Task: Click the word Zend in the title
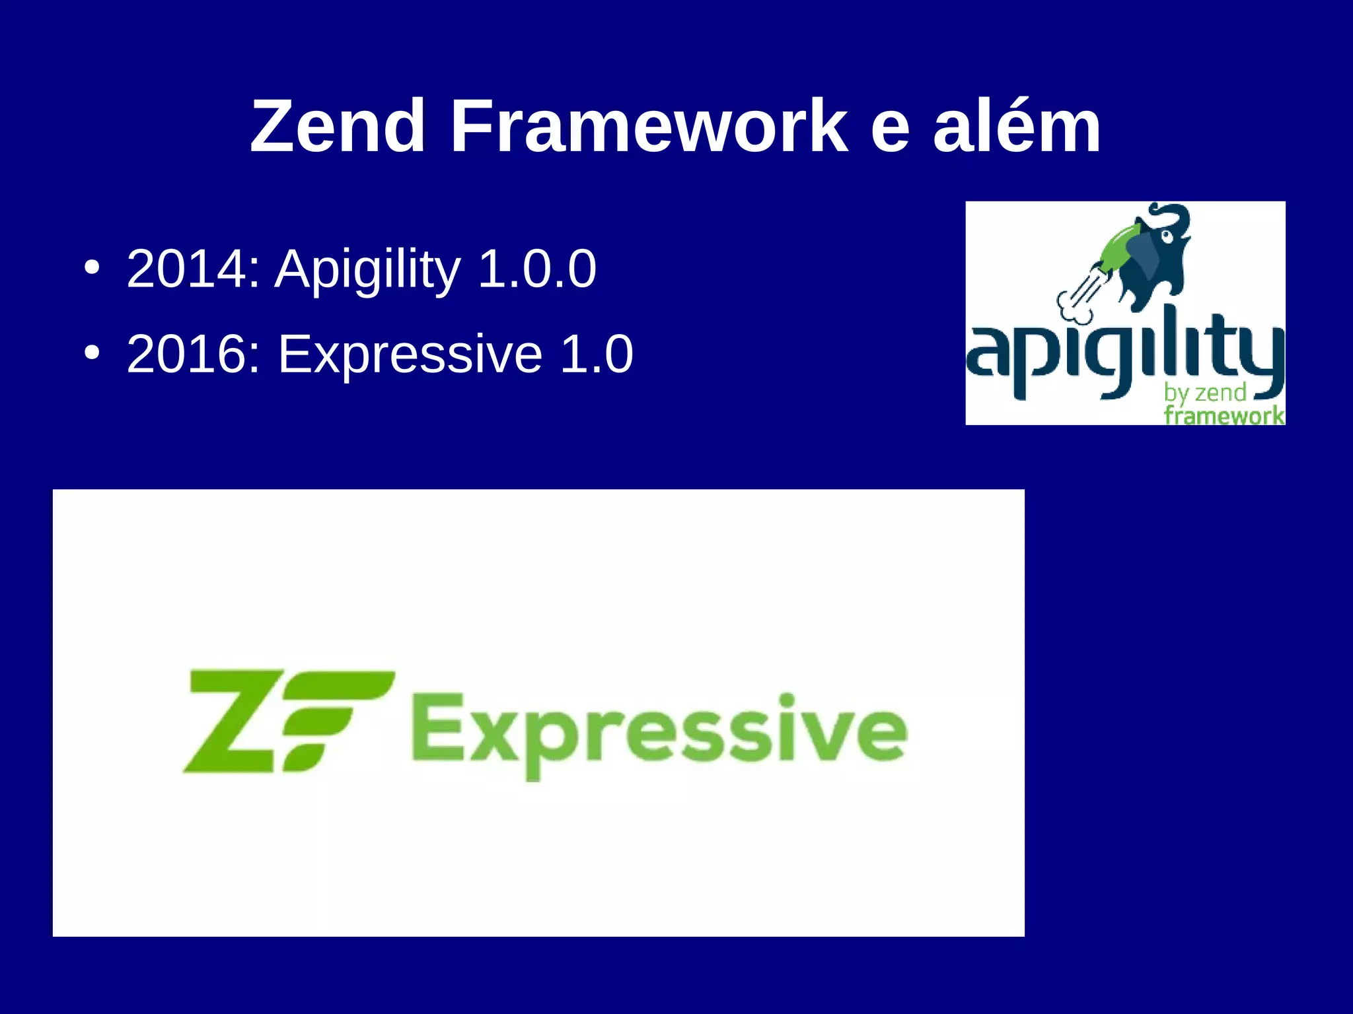(338, 126)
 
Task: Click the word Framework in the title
(648, 126)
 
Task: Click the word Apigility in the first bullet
(367, 270)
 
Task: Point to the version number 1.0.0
(536, 269)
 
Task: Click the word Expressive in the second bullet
(410, 355)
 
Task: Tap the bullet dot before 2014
(92, 269)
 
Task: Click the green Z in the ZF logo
(228, 721)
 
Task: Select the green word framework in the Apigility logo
(1224, 415)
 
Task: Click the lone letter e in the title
(890, 129)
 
